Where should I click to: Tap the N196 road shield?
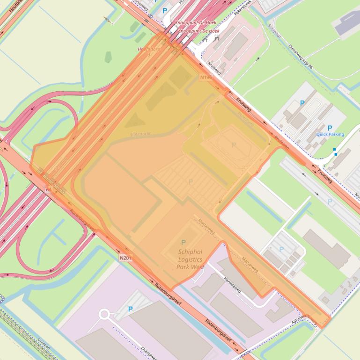click(206, 77)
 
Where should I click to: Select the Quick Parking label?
click(330, 134)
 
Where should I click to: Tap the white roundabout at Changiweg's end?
click(104, 314)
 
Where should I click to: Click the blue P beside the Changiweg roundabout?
click(130, 309)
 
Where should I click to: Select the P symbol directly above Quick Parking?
click(330, 128)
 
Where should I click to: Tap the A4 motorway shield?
click(47, 189)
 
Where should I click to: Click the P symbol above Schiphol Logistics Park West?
click(184, 242)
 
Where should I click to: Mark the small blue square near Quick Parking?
click(335, 150)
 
